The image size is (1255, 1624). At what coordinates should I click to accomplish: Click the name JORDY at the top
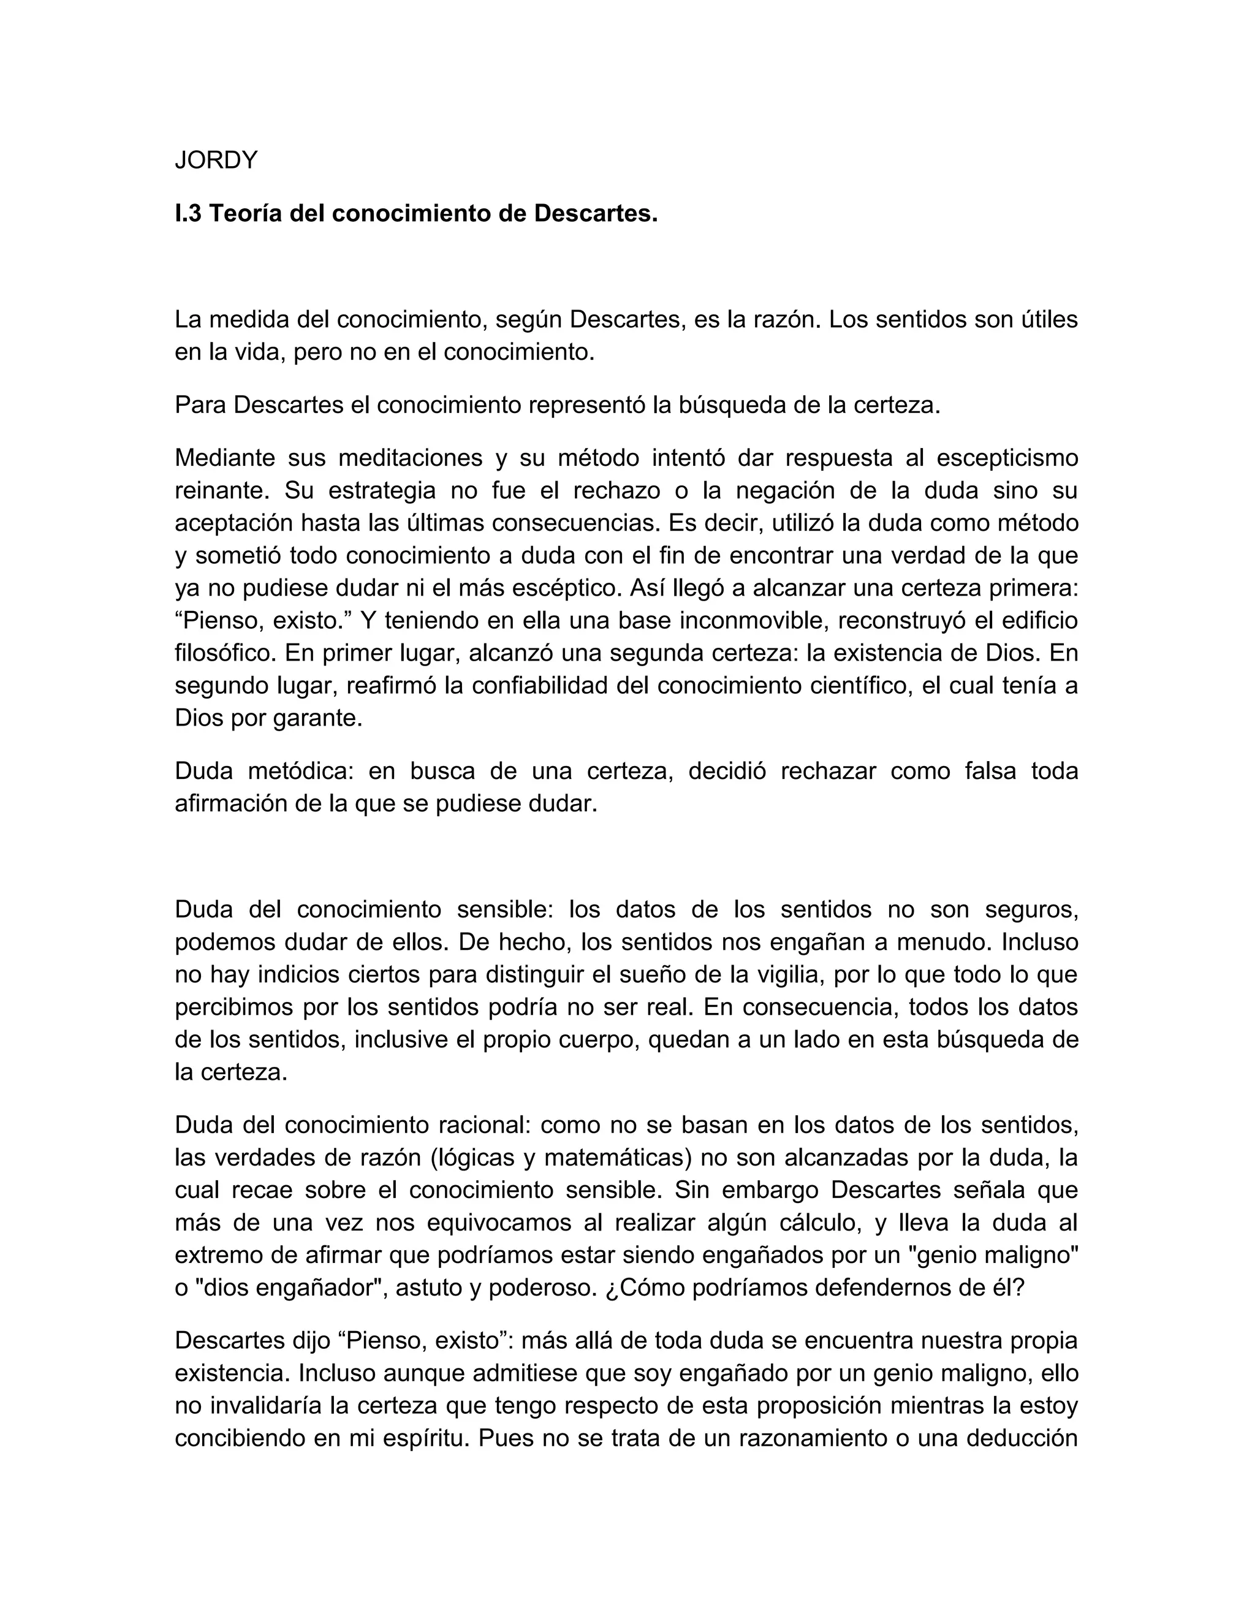coord(216,160)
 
